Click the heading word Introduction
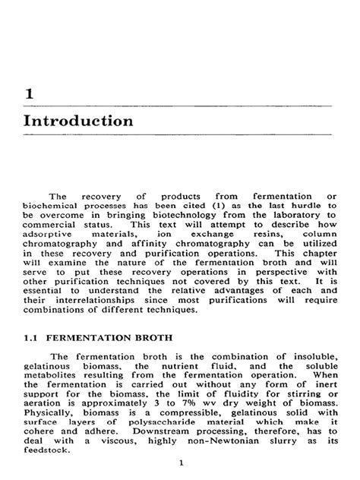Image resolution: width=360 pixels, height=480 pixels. pos(78,122)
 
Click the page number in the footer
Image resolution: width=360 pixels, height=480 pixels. pos(179,463)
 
